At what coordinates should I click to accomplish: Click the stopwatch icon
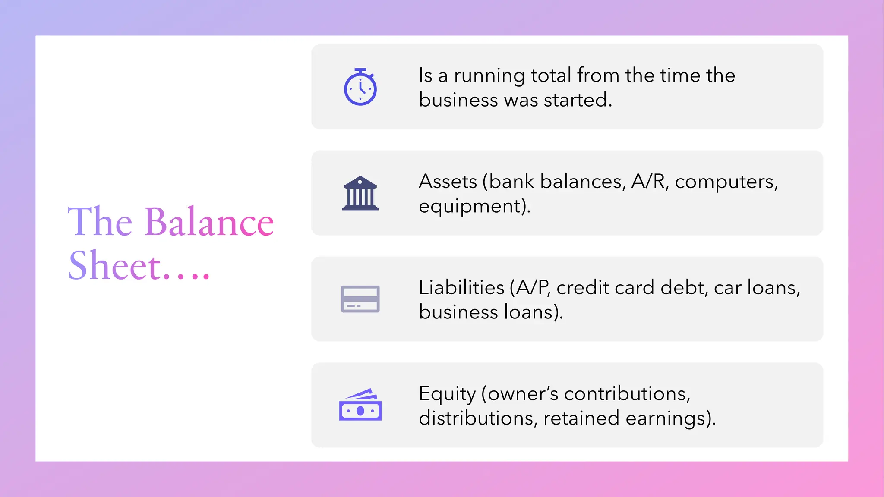click(x=360, y=87)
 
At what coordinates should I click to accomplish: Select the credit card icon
click(x=360, y=299)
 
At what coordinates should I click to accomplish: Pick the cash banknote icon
click(x=360, y=405)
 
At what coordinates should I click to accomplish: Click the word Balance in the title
click(x=209, y=222)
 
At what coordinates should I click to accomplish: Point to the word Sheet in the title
click(x=115, y=266)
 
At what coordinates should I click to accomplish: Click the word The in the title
click(x=100, y=222)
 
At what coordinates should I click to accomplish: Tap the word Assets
click(x=448, y=182)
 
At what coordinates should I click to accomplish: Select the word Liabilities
click(x=461, y=288)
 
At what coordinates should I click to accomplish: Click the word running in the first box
click(x=489, y=76)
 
